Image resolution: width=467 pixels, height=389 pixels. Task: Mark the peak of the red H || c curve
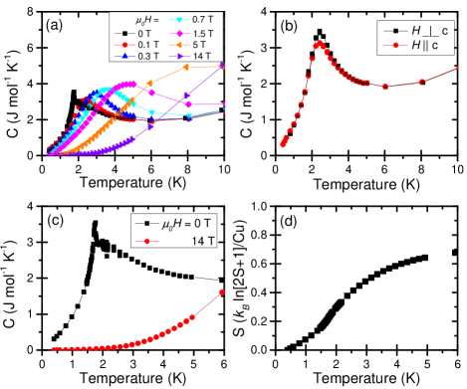click(320, 43)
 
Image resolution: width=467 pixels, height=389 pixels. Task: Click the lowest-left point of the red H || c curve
click(283, 145)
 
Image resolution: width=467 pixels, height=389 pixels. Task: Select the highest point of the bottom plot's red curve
click(221, 292)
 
